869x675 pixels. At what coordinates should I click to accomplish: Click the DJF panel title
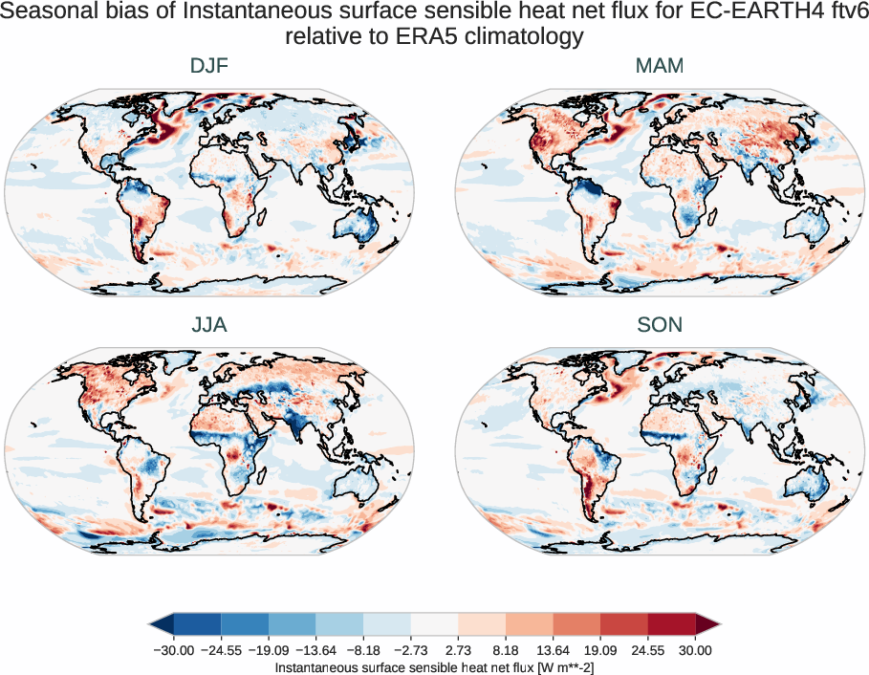209,66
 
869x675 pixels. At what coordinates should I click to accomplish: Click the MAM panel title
660,66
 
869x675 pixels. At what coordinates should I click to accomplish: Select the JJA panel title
209,325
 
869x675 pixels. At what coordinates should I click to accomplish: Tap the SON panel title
660,325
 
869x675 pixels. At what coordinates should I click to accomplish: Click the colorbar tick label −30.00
173,650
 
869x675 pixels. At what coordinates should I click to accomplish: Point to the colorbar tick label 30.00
695,650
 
